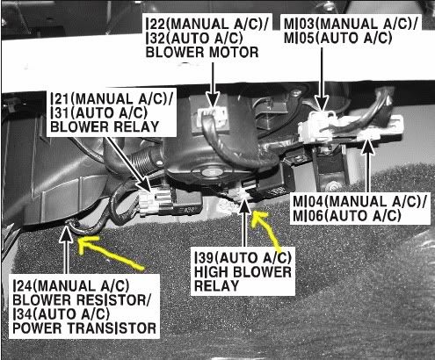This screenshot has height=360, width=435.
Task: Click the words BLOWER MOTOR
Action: [x=202, y=53]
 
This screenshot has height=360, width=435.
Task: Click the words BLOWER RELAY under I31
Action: [x=105, y=127]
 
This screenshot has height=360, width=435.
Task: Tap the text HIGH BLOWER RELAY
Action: [x=243, y=279]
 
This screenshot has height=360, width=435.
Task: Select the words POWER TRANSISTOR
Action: [x=84, y=328]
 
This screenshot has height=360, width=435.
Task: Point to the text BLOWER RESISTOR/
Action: [x=82, y=299]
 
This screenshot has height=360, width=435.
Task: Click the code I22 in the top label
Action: [x=156, y=24]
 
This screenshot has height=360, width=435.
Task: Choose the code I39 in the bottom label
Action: [x=204, y=258]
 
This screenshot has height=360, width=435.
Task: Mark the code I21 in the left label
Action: [x=61, y=99]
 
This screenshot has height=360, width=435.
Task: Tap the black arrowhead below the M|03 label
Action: [x=322, y=104]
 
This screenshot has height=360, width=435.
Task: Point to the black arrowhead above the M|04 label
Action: [x=367, y=148]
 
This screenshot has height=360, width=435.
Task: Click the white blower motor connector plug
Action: [x=213, y=116]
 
